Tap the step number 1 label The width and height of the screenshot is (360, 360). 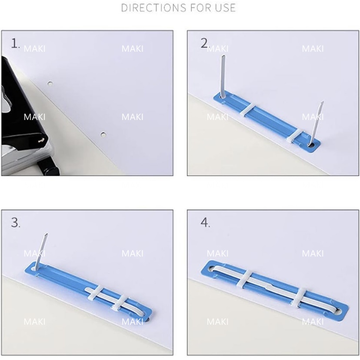click(15, 43)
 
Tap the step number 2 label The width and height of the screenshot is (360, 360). click(205, 43)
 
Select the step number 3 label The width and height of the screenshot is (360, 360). click(15, 223)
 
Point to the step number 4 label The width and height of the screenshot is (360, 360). click(205, 223)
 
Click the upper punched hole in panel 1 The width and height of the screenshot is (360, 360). click(50, 83)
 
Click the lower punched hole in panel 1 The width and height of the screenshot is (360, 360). click(103, 134)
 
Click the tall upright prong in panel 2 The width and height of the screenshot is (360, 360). click(223, 76)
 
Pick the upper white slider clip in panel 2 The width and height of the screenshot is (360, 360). click(248, 109)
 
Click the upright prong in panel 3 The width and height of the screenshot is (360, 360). click(41, 252)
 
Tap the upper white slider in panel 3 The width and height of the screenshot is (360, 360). click(95, 293)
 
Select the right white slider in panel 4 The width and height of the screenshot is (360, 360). click(300, 297)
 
